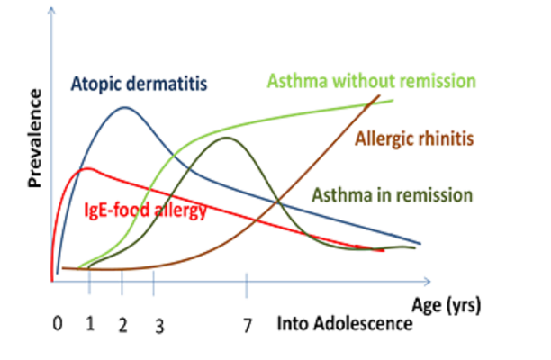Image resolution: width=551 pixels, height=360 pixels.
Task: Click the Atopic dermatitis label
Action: click(140, 84)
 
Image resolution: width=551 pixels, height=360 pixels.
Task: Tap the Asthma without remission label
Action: click(372, 81)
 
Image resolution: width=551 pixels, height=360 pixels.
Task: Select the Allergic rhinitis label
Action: click(414, 139)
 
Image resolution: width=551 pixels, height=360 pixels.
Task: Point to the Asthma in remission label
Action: click(393, 195)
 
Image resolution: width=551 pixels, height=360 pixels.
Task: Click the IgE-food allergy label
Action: click(145, 211)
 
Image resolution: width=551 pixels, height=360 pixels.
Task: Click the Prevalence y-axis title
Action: click(34, 139)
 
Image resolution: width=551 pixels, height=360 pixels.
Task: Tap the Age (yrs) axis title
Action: click(446, 305)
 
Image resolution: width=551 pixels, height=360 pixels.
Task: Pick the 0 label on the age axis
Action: click(58, 323)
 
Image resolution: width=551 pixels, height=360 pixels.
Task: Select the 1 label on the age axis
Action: click(90, 323)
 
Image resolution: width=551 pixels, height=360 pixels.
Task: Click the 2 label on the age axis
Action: click(122, 325)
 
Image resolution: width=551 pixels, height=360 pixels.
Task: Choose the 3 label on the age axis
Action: click(159, 327)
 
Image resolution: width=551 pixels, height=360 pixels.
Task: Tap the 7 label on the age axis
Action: click(248, 326)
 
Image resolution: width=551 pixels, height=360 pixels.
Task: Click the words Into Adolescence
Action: click(345, 323)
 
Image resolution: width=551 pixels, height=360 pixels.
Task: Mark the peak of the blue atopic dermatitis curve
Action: click(125, 107)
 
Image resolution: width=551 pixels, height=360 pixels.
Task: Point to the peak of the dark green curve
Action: click(227, 138)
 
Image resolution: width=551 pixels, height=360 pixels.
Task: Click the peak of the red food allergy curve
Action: click(87, 169)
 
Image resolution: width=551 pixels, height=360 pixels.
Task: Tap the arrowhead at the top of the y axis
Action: click(51, 11)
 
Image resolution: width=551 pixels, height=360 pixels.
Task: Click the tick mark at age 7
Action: click(247, 285)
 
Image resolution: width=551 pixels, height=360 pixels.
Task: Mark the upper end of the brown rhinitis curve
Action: click(379, 95)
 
